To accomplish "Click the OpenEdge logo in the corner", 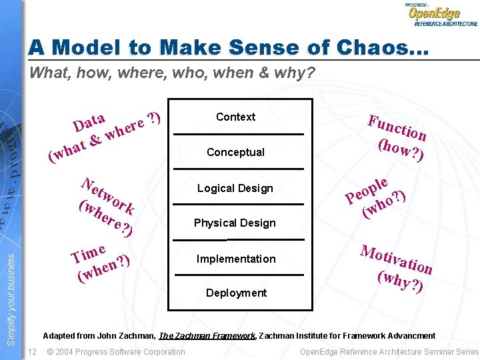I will pyautogui.click(x=441, y=15).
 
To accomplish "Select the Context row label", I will pyautogui.click(x=235, y=117).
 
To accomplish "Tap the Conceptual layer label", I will pyautogui.click(x=235, y=152).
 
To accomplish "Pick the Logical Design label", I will pyautogui.click(x=235, y=188).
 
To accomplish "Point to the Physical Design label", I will pyautogui.click(x=235, y=223).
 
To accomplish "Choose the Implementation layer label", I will pyautogui.click(x=235, y=259).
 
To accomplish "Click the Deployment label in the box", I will pyautogui.click(x=236, y=293).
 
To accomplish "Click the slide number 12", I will pyautogui.click(x=32, y=352).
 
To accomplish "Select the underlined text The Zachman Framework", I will pyautogui.click(x=208, y=336).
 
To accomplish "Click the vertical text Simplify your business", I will pyautogui.click(x=11, y=294).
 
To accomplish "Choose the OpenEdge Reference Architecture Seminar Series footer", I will pyautogui.click(x=389, y=352).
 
